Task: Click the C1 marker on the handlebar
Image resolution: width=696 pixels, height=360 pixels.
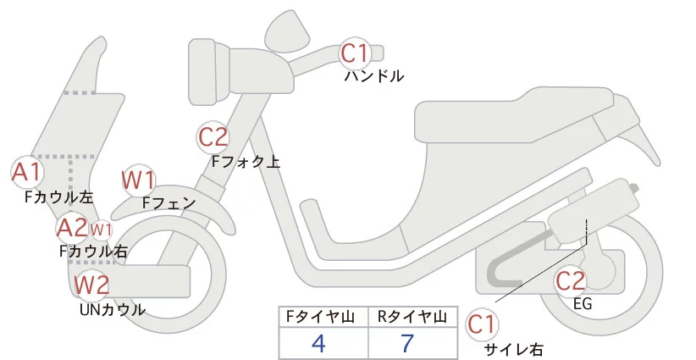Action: (355, 54)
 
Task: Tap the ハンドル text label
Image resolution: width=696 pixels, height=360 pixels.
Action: (373, 76)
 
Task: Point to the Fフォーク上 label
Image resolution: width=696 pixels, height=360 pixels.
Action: (246, 160)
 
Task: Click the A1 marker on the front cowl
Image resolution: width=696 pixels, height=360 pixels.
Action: (26, 173)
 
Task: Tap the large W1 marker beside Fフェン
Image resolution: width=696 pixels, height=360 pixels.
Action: (138, 180)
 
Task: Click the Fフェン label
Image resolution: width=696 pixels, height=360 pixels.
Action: (169, 203)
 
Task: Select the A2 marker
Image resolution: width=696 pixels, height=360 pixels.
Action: (72, 227)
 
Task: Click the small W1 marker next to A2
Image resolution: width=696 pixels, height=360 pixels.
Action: (101, 229)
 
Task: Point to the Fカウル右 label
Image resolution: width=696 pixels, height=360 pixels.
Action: (93, 251)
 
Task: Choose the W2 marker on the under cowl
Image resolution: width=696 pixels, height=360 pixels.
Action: (91, 285)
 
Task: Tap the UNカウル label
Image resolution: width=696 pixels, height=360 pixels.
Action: (112, 309)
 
